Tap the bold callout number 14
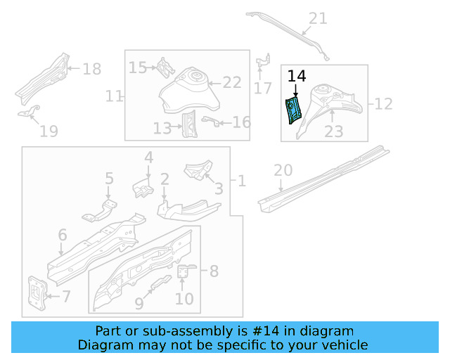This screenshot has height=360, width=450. (297, 77)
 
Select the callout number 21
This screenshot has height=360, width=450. (319, 18)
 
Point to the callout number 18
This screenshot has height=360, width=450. (92, 69)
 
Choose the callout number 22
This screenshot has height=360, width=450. (232, 83)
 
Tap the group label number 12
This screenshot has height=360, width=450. (383, 104)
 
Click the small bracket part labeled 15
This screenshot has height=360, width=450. (165, 67)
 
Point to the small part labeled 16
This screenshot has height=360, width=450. (209, 121)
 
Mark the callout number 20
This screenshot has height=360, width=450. (283, 169)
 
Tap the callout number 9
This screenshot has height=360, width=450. (139, 303)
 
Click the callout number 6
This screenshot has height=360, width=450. (62, 235)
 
